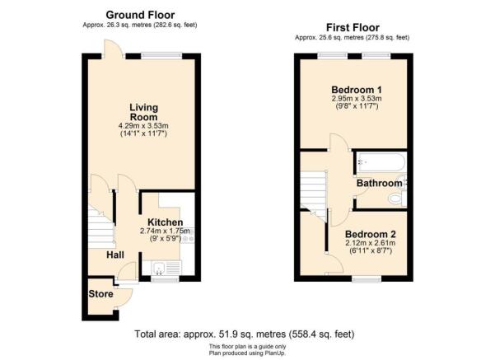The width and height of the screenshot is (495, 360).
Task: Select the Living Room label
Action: [x=143, y=112]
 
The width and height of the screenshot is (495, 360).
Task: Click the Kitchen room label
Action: [x=166, y=222]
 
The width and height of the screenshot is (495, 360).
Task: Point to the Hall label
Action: [x=115, y=255]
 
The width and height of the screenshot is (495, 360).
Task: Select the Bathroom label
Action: [x=379, y=182]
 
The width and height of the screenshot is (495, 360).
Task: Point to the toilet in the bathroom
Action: [x=396, y=199]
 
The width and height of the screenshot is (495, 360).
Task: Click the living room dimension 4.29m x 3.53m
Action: [x=143, y=126]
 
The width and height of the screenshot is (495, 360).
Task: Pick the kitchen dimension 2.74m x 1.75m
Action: [x=167, y=231]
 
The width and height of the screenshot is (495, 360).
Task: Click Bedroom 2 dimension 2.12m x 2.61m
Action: [x=371, y=243]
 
